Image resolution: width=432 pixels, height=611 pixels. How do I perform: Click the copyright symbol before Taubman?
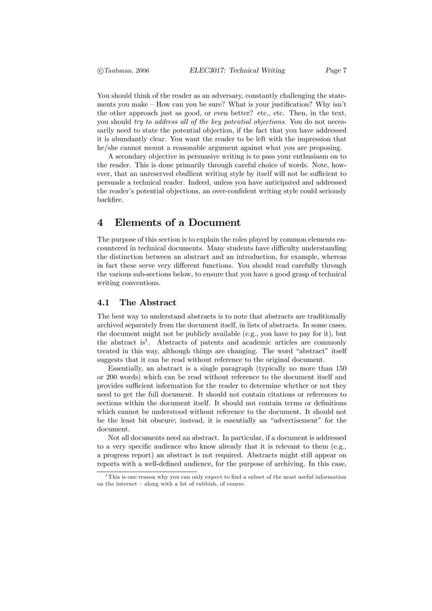[100, 70]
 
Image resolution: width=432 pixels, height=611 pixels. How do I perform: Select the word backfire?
[112, 199]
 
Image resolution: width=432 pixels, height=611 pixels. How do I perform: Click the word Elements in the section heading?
[142, 223]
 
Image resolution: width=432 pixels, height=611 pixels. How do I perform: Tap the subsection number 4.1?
[105, 302]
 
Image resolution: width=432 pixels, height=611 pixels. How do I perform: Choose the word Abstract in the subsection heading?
[157, 302]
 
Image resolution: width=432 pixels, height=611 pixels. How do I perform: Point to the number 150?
[339, 368]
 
